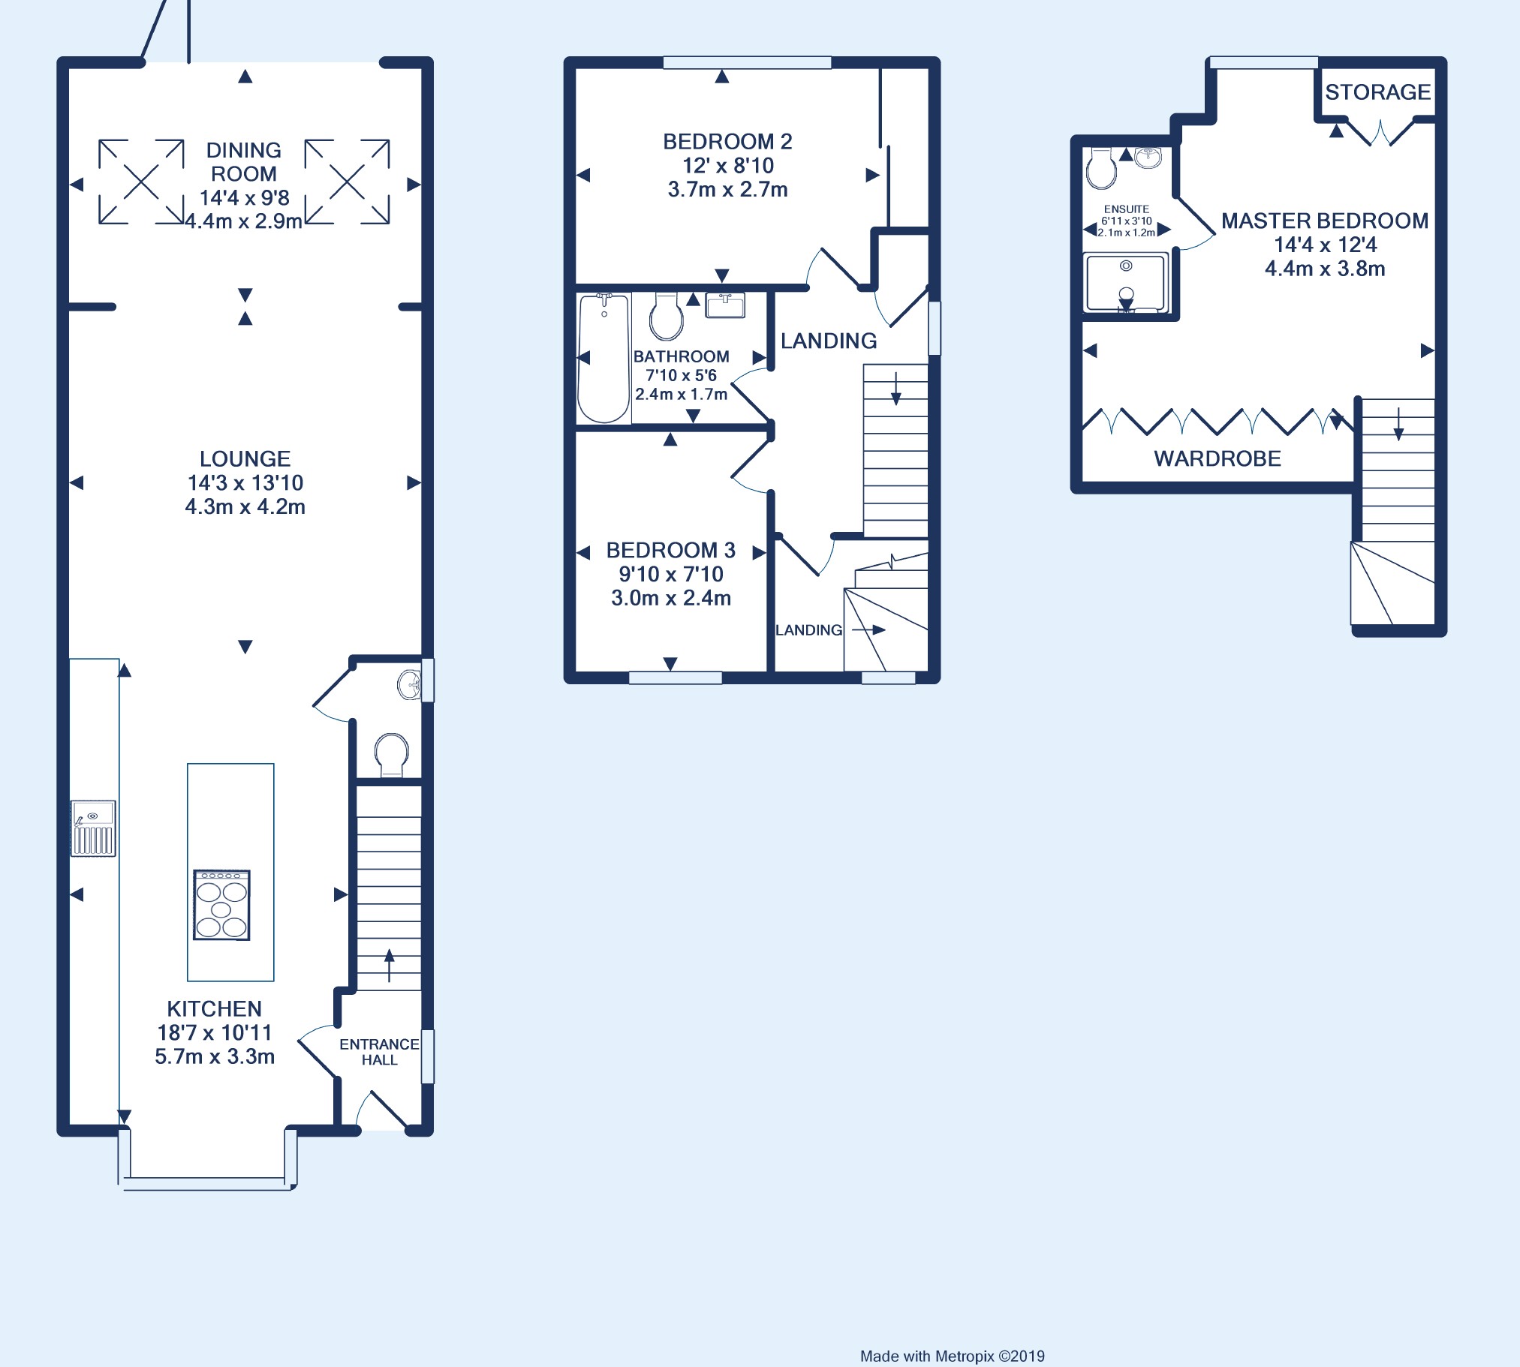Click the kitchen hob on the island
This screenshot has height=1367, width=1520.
click(221, 905)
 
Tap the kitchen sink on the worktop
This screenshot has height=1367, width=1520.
click(93, 828)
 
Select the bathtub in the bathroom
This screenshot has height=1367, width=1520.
click(603, 359)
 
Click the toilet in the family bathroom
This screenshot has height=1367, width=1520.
click(667, 316)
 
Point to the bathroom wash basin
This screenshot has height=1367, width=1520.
click(725, 305)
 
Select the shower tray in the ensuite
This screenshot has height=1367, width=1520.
click(1125, 282)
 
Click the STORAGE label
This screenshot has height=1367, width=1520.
click(1377, 92)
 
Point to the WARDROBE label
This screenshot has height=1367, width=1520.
click(1218, 458)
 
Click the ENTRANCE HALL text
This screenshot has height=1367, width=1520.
click(379, 1052)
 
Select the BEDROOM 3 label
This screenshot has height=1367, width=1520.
click(671, 550)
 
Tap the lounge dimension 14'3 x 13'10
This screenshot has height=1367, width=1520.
click(245, 482)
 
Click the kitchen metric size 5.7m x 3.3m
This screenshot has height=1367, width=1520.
click(215, 1056)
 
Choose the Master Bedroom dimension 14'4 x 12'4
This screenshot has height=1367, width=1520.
click(1326, 244)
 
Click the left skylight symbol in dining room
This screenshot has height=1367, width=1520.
click(141, 182)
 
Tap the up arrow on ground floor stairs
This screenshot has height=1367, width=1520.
click(390, 966)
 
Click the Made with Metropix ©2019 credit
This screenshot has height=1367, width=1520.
click(952, 1356)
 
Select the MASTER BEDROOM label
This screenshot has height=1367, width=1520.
click(1325, 220)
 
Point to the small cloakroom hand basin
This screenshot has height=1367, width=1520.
click(410, 684)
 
